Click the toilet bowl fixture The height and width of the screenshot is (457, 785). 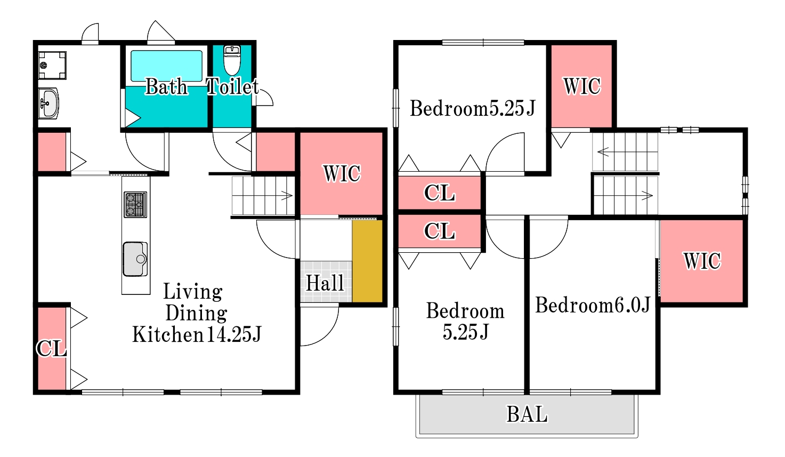click(x=232, y=60)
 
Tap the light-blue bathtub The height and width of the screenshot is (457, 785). click(x=166, y=66)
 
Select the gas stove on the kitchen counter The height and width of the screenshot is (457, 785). click(x=135, y=204)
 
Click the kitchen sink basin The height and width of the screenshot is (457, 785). click(x=135, y=259)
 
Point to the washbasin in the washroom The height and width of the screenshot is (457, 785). click(x=48, y=103)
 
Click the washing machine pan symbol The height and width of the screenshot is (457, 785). click(x=52, y=65)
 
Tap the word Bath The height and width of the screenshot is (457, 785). click(x=166, y=86)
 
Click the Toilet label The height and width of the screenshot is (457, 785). click(x=233, y=86)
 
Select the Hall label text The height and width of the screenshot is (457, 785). click(x=325, y=283)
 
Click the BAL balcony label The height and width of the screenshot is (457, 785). click(x=527, y=414)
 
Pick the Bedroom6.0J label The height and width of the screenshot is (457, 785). click(x=593, y=304)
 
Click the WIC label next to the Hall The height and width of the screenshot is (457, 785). click(x=342, y=173)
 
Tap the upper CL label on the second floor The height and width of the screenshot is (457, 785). click(x=440, y=193)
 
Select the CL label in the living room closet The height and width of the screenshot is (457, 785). click(x=52, y=349)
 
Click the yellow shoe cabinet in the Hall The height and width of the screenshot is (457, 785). click(x=367, y=261)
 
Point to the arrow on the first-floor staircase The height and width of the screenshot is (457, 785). click(x=286, y=195)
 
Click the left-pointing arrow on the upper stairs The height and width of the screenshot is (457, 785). click(x=603, y=152)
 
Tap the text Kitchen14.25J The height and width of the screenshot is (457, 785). click(x=197, y=334)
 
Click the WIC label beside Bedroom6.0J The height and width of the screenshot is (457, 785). click(x=702, y=261)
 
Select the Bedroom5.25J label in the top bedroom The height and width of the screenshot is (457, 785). click(x=472, y=108)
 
